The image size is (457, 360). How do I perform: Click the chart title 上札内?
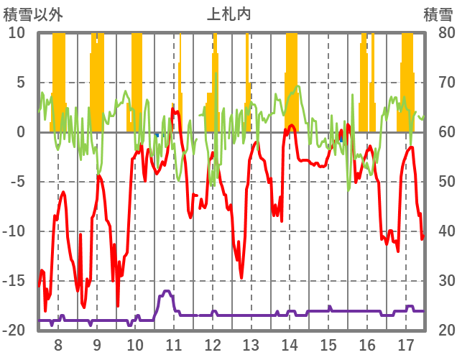[x=229, y=13]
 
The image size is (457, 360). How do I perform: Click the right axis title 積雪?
[x=437, y=13]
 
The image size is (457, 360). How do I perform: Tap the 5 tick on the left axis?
[x=21, y=83]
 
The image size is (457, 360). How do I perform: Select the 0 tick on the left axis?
[x=21, y=132]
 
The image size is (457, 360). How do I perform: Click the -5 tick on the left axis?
[x=17, y=182]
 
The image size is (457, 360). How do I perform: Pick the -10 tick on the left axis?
[x=14, y=231]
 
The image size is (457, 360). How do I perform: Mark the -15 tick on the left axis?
[x=14, y=281]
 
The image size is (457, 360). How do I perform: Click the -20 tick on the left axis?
[x=14, y=331]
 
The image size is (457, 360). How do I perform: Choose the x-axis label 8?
[x=58, y=344]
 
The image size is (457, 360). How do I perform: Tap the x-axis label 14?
[x=290, y=344]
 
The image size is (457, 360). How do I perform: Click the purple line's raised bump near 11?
[x=167, y=292]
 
